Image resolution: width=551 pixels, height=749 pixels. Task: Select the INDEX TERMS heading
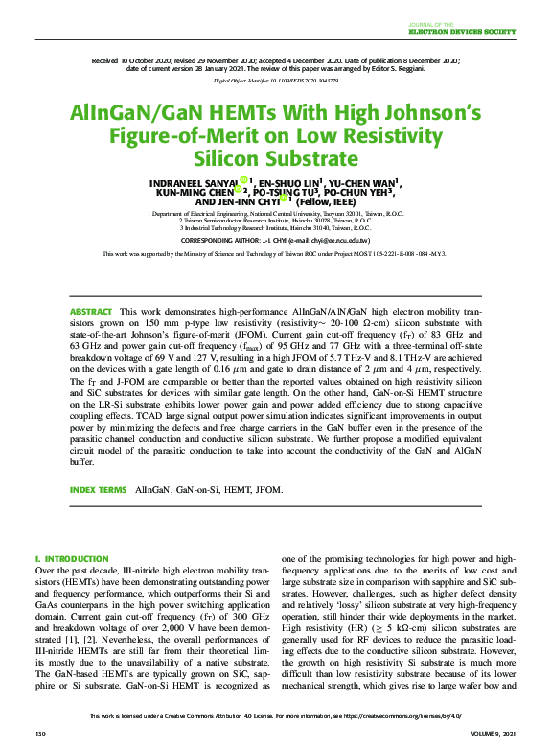tap(98, 490)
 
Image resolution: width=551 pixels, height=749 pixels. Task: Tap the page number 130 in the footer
tap(40, 734)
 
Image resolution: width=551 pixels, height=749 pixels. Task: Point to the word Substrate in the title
tap(276, 157)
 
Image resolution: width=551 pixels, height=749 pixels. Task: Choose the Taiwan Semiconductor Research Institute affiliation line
tap(275, 221)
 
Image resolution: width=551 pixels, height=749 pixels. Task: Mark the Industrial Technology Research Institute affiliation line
tap(275, 228)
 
